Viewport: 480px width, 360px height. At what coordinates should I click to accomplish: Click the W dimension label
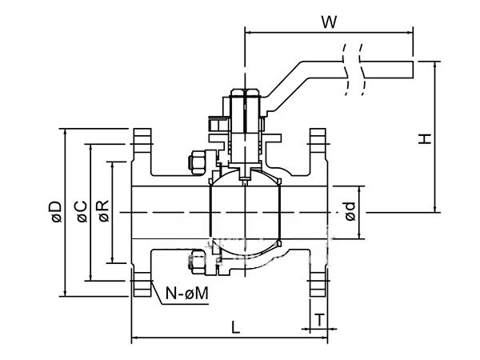pos(329,22)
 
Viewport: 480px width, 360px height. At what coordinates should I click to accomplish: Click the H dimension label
pos(425,138)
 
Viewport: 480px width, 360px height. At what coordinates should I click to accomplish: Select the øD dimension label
pos(57,211)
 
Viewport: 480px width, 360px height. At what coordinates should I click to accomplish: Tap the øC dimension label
pos(82,211)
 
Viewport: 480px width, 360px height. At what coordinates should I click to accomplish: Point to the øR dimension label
pos(104,211)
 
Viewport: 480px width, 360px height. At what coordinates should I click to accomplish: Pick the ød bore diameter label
pos(350,211)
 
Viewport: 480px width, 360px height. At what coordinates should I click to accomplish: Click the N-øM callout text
pos(187,294)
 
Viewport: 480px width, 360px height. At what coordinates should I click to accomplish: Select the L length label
pos(235,327)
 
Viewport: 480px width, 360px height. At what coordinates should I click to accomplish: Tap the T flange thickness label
pos(319,320)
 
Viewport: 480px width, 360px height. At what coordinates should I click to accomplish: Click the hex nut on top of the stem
pos(246,92)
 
